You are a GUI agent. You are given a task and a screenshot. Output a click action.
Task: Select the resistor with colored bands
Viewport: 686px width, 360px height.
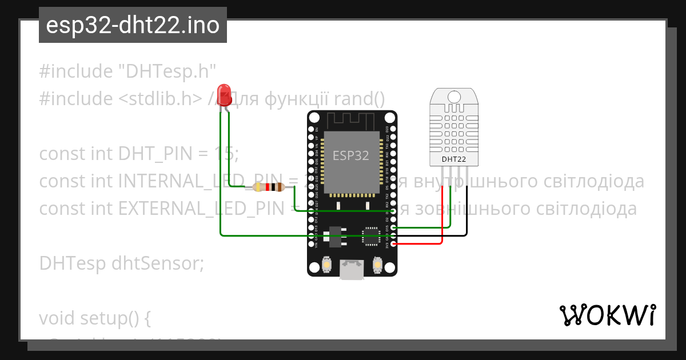tap(269, 187)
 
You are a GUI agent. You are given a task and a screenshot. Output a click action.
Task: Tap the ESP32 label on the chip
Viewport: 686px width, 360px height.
tap(351, 155)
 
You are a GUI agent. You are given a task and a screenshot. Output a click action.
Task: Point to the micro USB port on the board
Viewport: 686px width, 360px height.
tap(351, 270)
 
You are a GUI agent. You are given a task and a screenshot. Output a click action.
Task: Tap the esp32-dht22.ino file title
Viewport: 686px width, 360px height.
tap(133, 26)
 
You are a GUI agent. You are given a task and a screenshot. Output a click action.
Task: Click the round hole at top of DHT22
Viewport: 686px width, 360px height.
tap(454, 97)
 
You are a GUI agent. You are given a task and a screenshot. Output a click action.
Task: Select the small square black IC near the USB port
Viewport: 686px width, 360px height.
tap(371, 236)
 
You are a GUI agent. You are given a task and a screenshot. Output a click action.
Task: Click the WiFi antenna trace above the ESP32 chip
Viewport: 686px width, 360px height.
tap(350, 121)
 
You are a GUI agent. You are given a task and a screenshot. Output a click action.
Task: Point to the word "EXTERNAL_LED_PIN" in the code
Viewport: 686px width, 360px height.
tap(202, 209)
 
